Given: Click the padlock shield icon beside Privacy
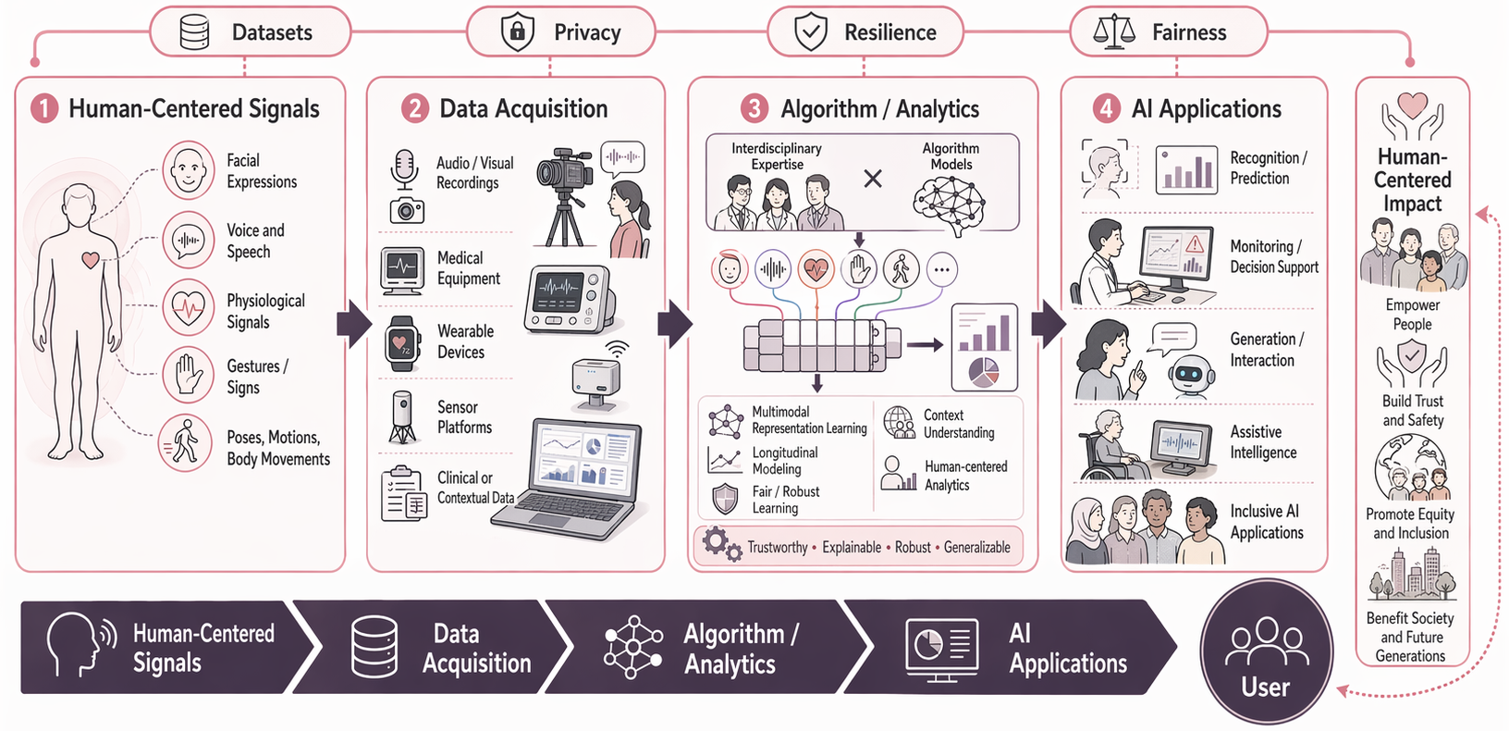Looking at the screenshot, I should (517, 32).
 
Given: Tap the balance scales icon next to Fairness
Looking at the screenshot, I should (1113, 32).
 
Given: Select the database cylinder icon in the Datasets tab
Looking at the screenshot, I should (195, 32).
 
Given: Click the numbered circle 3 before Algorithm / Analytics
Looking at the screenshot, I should (754, 109).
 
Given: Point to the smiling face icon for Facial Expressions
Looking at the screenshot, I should (189, 170).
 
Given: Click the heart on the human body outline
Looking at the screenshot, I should (91, 260).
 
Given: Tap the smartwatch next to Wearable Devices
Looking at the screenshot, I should (401, 343).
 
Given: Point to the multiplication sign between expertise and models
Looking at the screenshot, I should (872, 179).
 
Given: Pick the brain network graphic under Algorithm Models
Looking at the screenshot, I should (951, 202).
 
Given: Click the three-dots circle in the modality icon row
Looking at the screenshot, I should (941, 270).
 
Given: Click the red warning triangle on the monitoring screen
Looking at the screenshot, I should (1195, 244).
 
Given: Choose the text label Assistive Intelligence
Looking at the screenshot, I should (1263, 442).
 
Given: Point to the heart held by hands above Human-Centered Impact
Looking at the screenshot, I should (1412, 104).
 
